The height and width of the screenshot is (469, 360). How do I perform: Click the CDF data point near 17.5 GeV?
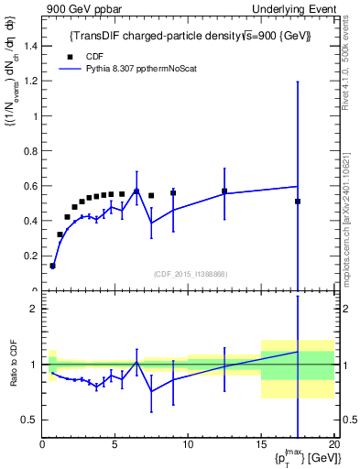(x=298, y=202)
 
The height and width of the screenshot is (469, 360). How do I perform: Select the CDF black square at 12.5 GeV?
(x=224, y=191)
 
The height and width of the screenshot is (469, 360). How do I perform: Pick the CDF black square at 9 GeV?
(x=173, y=193)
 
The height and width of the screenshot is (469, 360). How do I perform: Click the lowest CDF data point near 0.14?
(x=52, y=266)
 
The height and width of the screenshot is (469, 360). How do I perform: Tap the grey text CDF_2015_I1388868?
(x=190, y=274)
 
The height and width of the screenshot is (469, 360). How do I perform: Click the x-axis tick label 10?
(x=188, y=445)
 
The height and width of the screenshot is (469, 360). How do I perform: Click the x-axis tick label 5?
(x=115, y=445)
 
